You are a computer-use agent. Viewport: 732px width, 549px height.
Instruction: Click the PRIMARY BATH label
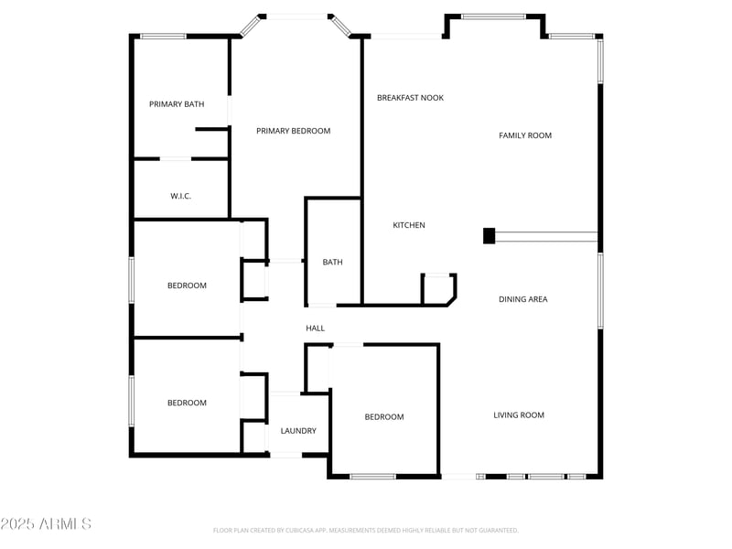[177, 104]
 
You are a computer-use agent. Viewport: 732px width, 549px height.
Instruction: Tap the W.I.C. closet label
[180, 196]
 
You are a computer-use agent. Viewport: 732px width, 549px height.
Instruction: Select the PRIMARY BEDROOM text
[293, 131]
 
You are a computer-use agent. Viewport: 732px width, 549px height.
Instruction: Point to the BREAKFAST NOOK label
[410, 97]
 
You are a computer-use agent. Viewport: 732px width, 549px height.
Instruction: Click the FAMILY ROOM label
[525, 135]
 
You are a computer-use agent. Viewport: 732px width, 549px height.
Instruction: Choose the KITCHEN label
[409, 225]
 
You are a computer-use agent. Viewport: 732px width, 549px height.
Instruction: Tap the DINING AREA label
[523, 299]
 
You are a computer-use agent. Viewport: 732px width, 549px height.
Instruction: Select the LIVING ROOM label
[519, 415]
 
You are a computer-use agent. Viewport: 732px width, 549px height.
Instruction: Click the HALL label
[315, 328]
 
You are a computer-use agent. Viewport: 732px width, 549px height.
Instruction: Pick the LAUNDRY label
[298, 431]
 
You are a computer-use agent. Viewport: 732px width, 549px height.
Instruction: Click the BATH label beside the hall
[332, 263]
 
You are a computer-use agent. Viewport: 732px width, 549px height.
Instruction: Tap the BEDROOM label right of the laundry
[384, 417]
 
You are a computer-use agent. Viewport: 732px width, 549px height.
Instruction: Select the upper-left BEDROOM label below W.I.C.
[187, 285]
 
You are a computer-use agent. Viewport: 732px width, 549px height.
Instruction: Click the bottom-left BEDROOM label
[187, 403]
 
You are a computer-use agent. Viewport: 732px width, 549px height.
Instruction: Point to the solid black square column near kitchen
[489, 236]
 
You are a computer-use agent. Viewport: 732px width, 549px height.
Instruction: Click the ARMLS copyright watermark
[46, 524]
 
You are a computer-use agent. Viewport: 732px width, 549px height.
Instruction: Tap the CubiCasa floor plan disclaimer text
[366, 530]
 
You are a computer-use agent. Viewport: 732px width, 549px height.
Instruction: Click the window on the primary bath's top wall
[163, 37]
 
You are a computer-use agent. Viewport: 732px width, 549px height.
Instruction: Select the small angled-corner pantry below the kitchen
[437, 289]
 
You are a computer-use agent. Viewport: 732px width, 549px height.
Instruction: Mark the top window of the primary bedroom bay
[294, 16]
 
